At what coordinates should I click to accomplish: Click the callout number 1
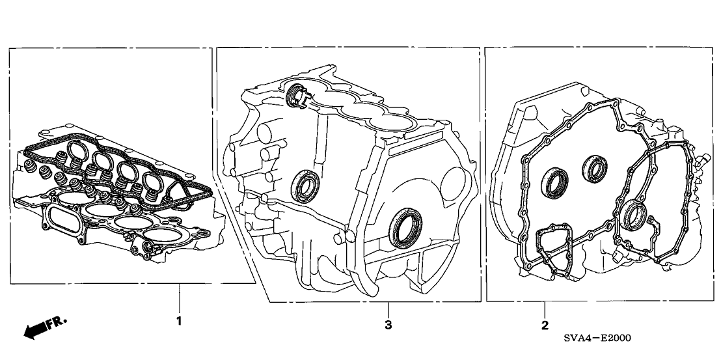(180, 321)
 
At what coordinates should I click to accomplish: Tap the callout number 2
(545, 324)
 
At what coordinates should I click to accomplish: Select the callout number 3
(388, 325)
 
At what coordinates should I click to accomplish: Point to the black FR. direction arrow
(36, 331)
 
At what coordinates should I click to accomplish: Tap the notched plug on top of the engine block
(297, 96)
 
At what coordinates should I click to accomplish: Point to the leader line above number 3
(388, 311)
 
